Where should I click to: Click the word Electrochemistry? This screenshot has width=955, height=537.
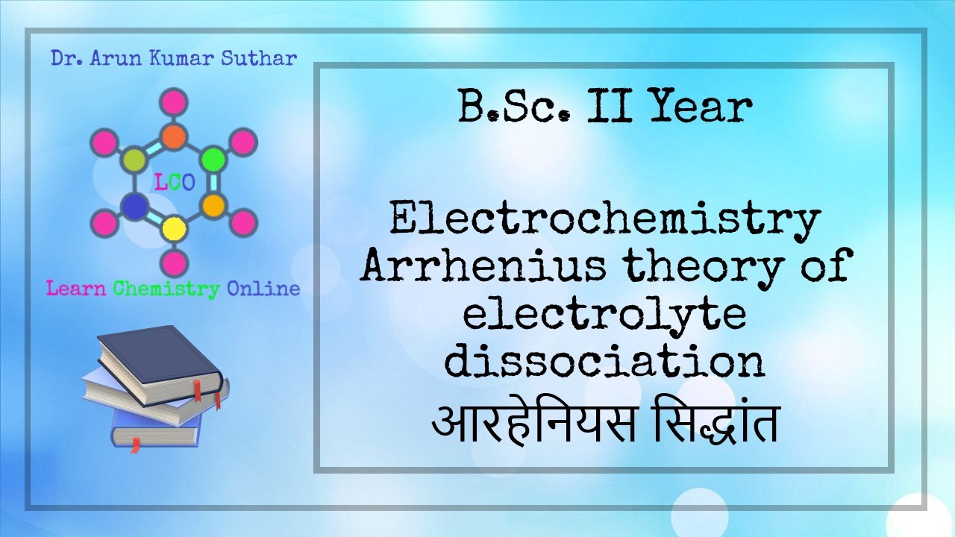pos(604,222)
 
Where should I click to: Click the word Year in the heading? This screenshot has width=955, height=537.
pos(699,108)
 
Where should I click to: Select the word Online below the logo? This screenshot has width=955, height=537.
pos(263,289)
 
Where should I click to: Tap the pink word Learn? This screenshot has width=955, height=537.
pos(77,289)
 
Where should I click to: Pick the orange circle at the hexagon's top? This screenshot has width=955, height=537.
pos(174,136)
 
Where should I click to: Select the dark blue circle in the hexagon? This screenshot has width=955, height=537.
pos(134,205)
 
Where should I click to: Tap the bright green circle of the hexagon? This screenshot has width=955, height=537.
pos(214,159)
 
